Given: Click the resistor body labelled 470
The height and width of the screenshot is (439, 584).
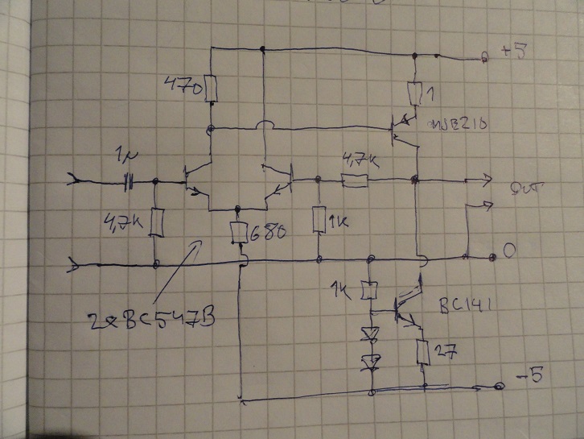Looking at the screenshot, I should point(211,89).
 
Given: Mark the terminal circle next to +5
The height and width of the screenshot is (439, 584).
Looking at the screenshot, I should point(484,57).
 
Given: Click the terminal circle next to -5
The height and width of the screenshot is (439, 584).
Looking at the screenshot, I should point(500,387).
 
